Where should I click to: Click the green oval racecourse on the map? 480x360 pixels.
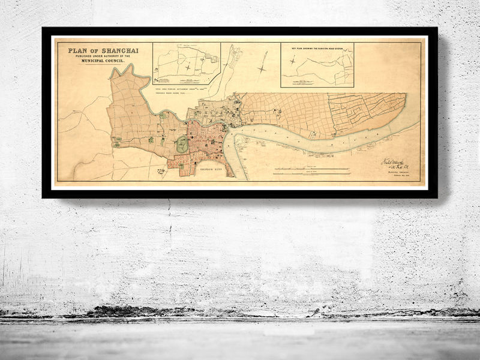(x=181, y=143)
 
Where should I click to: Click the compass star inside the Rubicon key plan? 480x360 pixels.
(x=292, y=61)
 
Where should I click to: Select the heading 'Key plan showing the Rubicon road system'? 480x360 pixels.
(x=317, y=46)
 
